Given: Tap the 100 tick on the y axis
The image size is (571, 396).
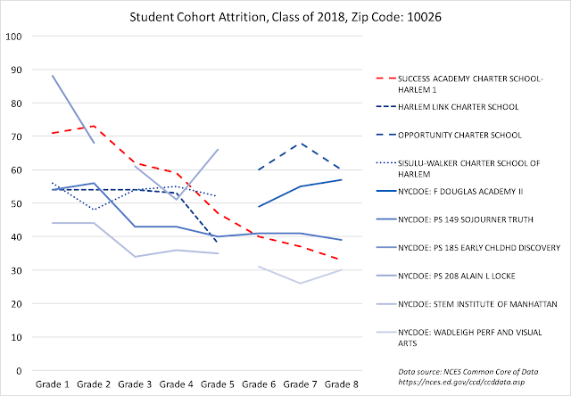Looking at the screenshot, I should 15,37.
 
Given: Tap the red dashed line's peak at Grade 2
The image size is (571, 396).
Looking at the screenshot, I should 94,127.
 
